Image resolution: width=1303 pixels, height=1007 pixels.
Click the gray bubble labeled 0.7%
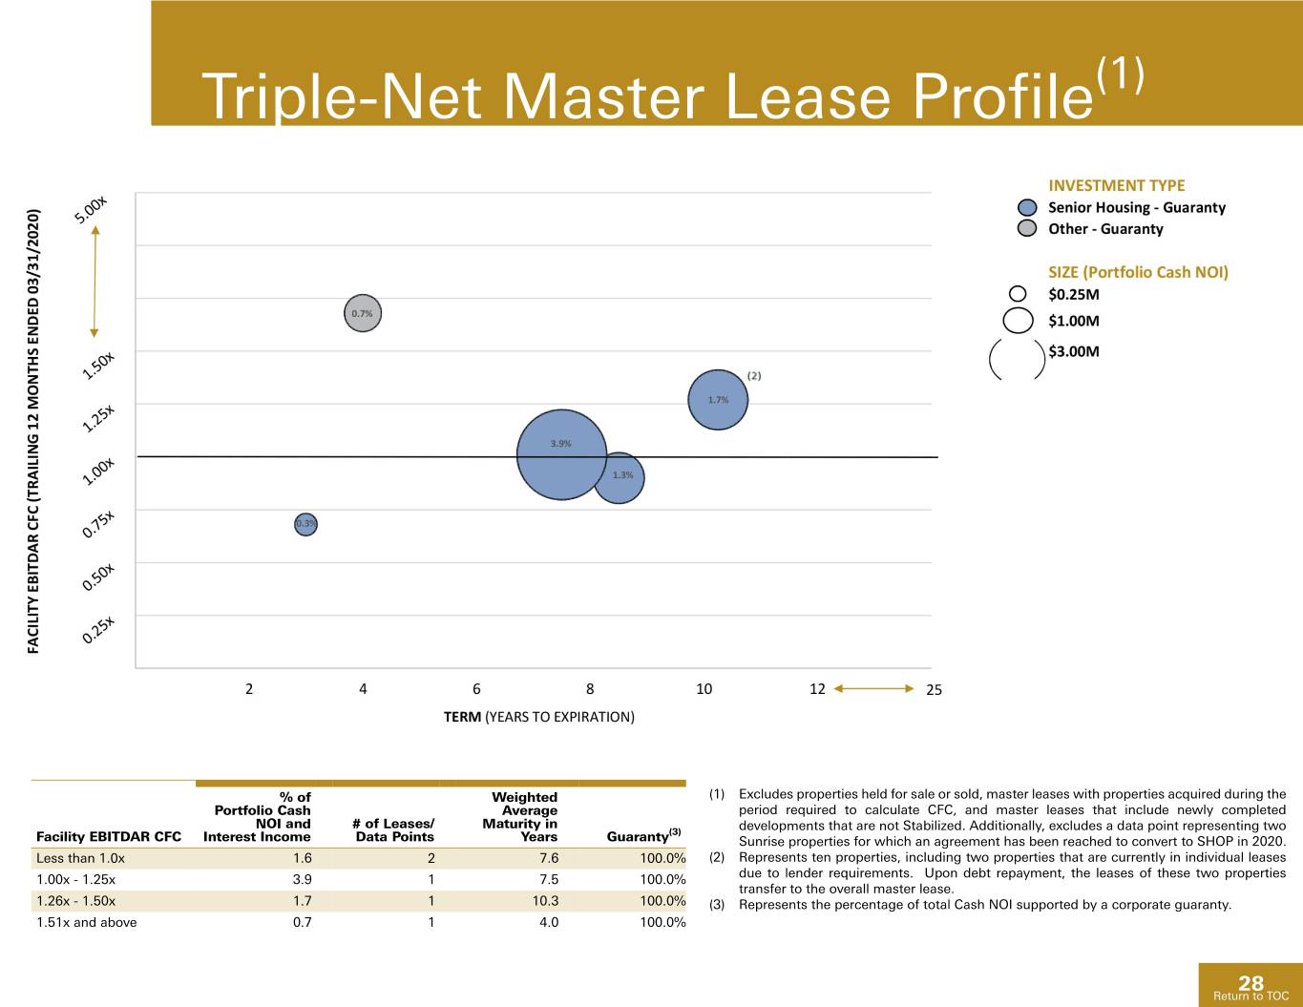362,313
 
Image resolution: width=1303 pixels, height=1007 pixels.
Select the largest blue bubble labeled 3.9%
561,454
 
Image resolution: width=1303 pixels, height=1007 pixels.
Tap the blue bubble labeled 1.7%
718,400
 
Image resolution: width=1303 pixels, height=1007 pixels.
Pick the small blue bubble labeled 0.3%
305,524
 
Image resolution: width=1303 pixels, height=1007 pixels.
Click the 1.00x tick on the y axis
98,472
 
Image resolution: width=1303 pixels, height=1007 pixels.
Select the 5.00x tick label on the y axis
91,210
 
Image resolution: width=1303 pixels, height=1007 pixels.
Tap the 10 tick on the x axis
704,689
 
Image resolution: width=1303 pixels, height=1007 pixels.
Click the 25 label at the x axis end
934,689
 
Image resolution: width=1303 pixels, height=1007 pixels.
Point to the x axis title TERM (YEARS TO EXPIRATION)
538,717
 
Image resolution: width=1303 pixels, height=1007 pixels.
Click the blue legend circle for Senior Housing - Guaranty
1027,207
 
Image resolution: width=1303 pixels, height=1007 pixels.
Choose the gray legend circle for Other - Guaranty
1027,228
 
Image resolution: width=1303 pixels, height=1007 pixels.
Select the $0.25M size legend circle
1018,294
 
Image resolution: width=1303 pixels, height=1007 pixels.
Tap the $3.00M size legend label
1073,351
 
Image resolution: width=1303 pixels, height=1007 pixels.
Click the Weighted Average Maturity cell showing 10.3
545,900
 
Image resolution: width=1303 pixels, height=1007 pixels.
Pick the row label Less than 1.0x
80,858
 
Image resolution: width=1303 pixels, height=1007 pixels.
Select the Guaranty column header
644,835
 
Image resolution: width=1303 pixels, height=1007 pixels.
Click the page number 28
1250,982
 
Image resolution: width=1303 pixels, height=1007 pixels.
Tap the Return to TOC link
1250,996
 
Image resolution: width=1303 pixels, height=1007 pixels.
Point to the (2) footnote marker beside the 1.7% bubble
754,376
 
